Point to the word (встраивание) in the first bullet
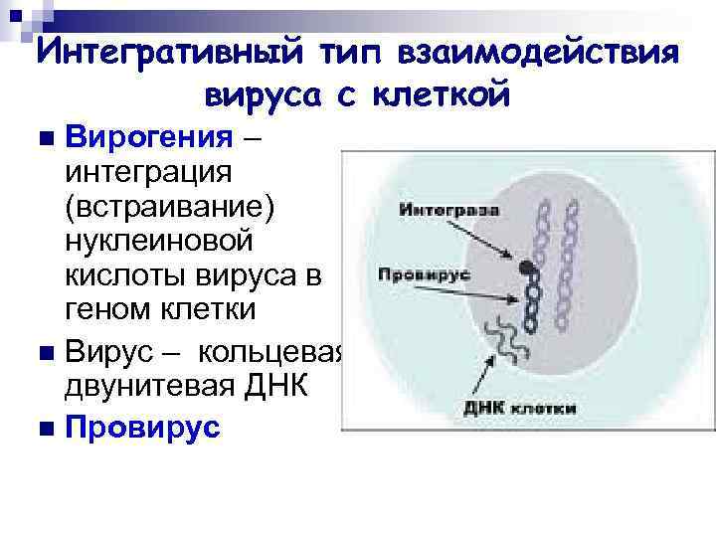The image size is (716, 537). (x=172, y=206)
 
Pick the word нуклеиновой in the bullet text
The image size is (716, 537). (x=159, y=241)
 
